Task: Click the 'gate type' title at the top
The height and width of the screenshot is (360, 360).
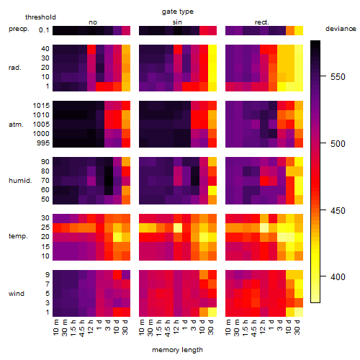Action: [x=178, y=12]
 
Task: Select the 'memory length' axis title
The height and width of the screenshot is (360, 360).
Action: [x=177, y=350]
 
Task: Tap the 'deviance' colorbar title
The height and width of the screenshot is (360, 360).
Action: [x=341, y=29]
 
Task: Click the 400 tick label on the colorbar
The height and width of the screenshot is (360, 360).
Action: [x=338, y=276]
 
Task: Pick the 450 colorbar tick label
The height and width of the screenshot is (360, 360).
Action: [x=338, y=210]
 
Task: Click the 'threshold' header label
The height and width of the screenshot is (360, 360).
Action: [x=40, y=17]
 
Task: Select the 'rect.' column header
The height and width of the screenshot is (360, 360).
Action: [x=261, y=22]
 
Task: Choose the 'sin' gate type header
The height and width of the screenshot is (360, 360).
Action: [x=177, y=22]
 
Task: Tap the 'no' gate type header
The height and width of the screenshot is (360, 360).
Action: [x=93, y=22]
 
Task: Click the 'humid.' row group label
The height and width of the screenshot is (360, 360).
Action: [x=20, y=181]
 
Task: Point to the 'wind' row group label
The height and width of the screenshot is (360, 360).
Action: [x=17, y=294]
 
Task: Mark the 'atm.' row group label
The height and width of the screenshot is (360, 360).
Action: [x=16, y=125]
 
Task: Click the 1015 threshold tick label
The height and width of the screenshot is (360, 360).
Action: [x=41, y=106]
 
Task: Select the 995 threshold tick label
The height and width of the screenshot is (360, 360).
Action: [x=43, y=143]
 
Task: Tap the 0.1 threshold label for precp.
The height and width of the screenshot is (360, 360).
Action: [x=44, y=30]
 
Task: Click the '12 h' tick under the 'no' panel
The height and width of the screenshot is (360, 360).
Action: [x=90, y=327]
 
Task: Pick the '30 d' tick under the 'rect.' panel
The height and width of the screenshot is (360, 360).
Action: [x=297, y=327]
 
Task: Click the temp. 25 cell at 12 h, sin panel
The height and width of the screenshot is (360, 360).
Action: [x=178, y=228]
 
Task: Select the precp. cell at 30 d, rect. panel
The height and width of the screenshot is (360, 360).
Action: [x=299, y=30]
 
